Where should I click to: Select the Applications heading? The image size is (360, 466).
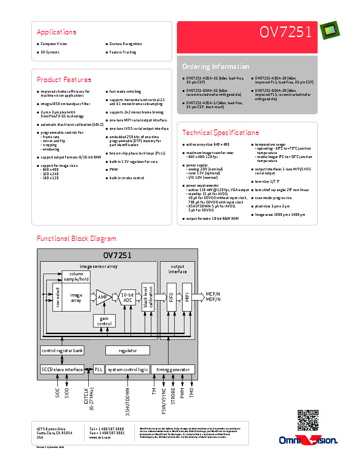56,32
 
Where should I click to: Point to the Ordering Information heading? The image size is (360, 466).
215,66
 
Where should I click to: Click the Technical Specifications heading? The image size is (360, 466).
220,132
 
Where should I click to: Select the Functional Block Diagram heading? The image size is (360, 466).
76,238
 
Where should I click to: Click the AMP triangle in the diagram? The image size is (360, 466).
103,297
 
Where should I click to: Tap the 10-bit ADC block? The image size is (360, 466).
127,297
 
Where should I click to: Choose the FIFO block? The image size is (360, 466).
171,297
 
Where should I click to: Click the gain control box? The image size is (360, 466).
104,321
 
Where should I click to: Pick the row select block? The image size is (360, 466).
57,297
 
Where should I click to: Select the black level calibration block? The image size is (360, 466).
147,297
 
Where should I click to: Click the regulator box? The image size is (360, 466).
127,350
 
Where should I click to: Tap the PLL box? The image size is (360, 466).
98,369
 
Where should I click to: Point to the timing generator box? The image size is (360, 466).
173,369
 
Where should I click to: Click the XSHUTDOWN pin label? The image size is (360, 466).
127,402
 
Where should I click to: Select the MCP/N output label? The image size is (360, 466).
213,293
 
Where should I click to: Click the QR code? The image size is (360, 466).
308,420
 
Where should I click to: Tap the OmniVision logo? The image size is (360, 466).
308,440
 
